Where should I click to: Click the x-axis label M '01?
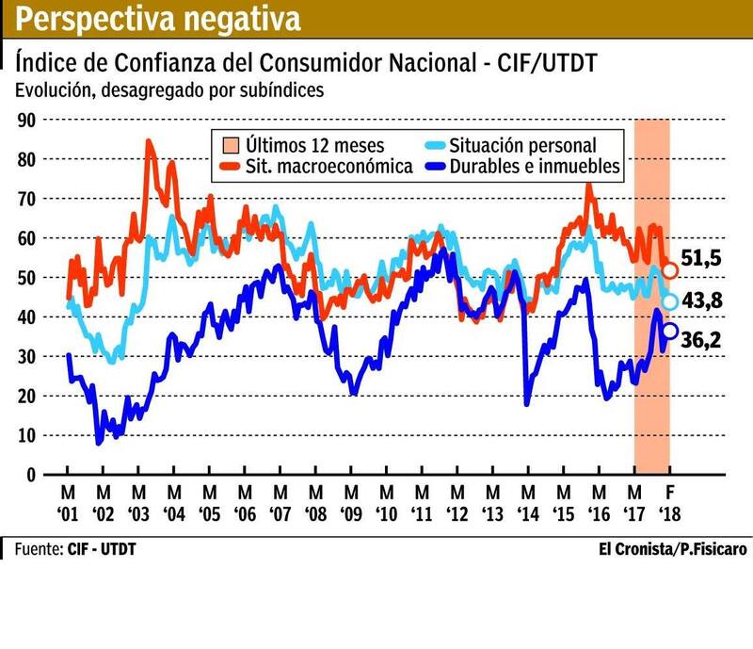click(68, 504)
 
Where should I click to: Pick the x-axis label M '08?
click(315, 504)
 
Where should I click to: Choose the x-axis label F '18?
click(670, 504)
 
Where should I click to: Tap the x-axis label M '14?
click(528, 504)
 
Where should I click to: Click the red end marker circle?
click(670, 270)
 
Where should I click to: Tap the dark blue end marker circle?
click(670, 331)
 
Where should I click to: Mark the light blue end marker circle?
click(670, 301)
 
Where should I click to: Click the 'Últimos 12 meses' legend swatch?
click(228, 146)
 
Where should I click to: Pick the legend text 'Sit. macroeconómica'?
click(328, 167)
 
